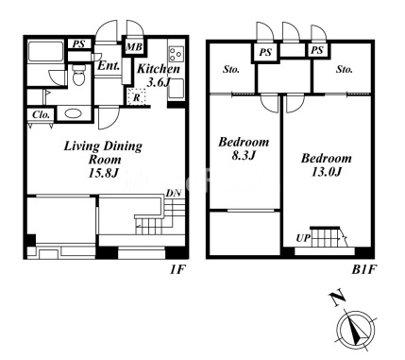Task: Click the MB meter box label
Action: point(134,47)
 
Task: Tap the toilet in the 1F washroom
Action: point(78,76)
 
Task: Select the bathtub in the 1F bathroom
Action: point(46,52)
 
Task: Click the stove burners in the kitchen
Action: point(176,54)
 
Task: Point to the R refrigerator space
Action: point(136,97)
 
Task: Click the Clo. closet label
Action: point(42,115)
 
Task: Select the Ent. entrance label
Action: point(109,66)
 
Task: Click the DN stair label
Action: point(174,193)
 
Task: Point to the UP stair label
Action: point(303,238)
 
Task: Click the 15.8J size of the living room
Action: point(103,173)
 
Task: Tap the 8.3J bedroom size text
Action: point(244,156)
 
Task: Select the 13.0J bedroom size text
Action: point(327,172)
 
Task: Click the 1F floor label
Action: point(177,270)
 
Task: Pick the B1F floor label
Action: point(364,270)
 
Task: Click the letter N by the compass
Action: point(337,299)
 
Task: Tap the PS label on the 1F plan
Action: point(78,43)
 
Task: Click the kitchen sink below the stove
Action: point(177,88)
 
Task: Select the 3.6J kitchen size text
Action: point(159,82)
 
